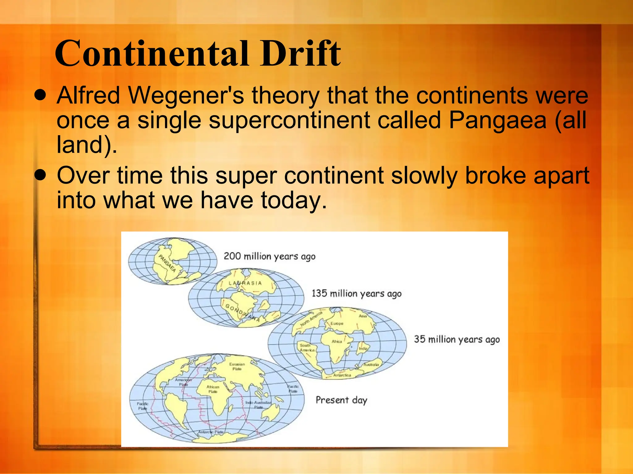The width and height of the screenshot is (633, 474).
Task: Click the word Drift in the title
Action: (x=300, y=54)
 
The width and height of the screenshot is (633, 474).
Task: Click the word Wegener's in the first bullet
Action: (x=186, y=95)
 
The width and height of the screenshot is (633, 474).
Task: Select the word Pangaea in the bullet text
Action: (x=498, y=120)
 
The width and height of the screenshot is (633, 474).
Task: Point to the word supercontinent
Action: (x=289, y=120)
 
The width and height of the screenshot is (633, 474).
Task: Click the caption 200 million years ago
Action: (x=270, y=256)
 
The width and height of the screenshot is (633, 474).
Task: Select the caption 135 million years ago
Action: (x=356, y=293)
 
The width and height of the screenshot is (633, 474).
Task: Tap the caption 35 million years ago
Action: (x=457, y=339)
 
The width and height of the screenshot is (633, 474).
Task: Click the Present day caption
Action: (x=341, y=400)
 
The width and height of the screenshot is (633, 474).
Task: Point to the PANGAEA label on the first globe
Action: (x=167, y=263)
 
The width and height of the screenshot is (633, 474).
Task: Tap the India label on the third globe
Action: (x=363, y=348)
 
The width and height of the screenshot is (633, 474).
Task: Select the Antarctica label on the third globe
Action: (x=342, y=375)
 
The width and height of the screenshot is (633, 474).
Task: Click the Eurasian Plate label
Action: (x=237, y=366)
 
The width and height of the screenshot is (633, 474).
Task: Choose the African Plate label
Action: (x=213, y=389)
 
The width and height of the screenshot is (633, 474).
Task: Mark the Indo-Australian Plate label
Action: (x=258, y=405)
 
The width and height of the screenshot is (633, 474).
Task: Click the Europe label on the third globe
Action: (x=337, y=324)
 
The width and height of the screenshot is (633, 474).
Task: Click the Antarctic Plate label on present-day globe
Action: (x=211, y=432)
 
